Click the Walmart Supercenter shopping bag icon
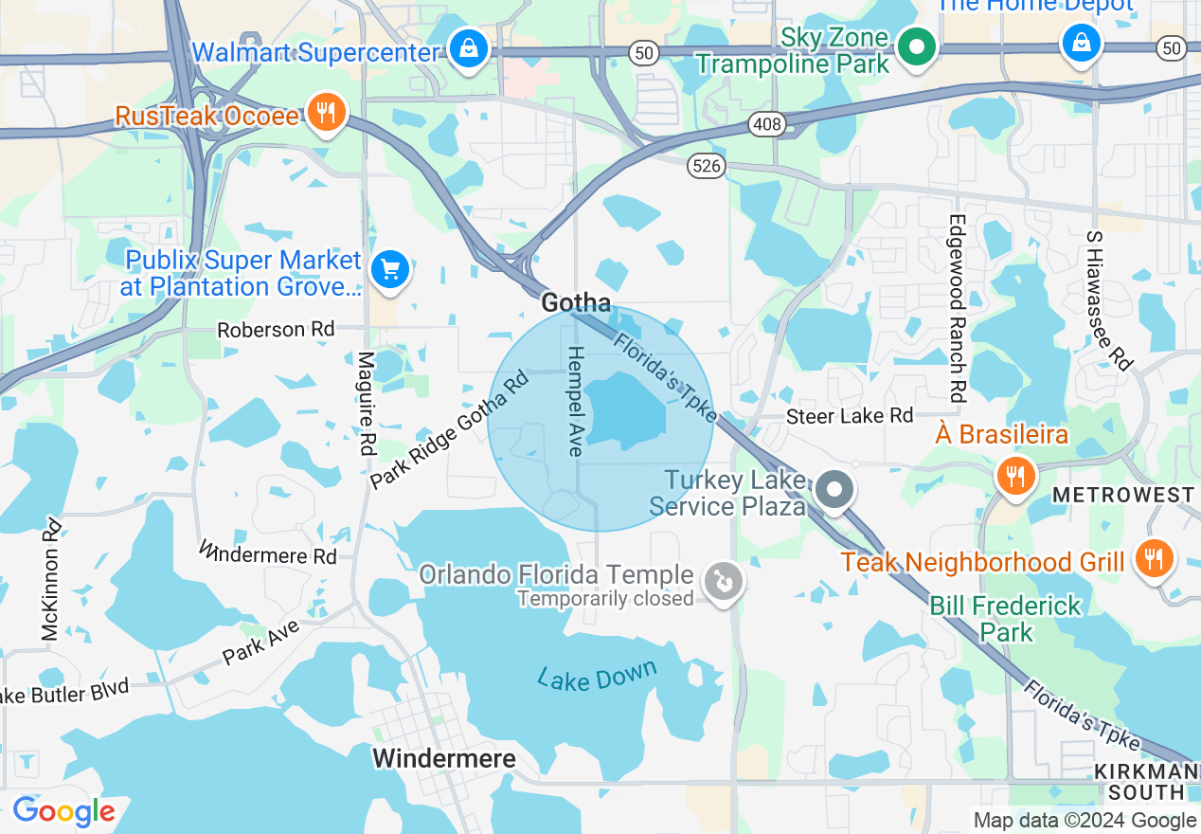468,48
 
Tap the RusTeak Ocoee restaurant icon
326,115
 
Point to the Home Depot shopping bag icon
1081,43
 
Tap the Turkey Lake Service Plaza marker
834,491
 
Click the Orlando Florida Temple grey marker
725,581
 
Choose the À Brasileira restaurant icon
1014,474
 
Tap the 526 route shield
707,166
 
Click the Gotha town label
576,303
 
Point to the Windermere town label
443,758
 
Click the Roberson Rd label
276,330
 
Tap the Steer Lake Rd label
851,416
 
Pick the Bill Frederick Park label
1005,618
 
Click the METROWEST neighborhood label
1123,496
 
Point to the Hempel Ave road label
575,401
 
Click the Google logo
63,812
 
